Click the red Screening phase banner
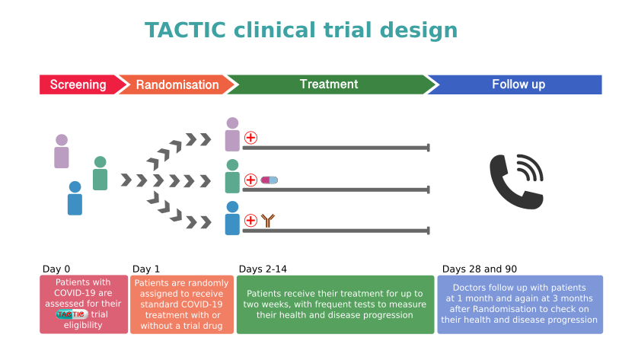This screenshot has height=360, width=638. pyautogui.click(x=79, y=84)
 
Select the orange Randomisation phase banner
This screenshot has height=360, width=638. pyautogui.click(x=177, y=84)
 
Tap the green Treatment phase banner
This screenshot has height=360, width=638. pyautogui.click(x=330, y=84)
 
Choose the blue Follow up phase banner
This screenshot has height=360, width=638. pyautogui.click(x=517, y=84)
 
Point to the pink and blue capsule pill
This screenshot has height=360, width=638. pyautogui.click(x=270, y=180)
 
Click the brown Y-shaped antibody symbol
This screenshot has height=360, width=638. pyautogui.click(x=268, y=221)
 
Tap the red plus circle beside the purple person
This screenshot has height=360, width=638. pyautogui.click(x=250, y=138)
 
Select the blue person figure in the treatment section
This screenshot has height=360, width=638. pyautogui.click(x=232, y=218)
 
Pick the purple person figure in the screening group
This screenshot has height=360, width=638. pyautogui.click(x=62, y=151)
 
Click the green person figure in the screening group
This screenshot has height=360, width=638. pyautogui.click(x=100, y=174)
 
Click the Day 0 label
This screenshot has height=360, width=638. pyautogui.click(x=56, y=269)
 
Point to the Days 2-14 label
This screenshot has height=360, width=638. pyautogui.click(x=263, y=269)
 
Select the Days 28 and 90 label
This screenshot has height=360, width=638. pyautogui.click(x=480, y=269)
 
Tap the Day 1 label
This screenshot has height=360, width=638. pyautogui.click(x=146, y=269)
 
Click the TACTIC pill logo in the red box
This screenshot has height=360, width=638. pyautogui.click(x=72, y=314)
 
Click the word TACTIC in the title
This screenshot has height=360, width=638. pyautogui.click(x=185, y=30)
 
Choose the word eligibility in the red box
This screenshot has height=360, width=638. pyautogui.click(x=83, y=325)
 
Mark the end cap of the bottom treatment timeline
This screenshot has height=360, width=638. pyautogui.click(x=429, y=231)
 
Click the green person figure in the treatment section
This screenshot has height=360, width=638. pyautogui.click(x=232, y=176)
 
